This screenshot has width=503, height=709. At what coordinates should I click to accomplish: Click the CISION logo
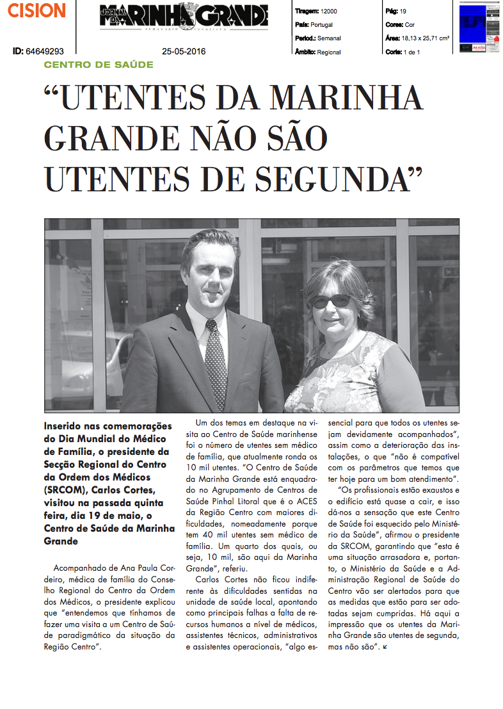point(37,10)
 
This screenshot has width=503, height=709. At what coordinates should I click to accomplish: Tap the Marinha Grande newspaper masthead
point(183,16)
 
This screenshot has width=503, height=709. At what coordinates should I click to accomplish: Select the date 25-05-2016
point(184,51)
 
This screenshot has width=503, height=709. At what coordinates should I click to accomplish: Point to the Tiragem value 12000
point(330,12)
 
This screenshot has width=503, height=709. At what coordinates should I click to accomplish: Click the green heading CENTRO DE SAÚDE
point(99,65)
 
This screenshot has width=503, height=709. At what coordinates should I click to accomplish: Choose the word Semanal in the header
point(330,38)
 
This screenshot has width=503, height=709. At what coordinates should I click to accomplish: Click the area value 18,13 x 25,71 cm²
point(425,38)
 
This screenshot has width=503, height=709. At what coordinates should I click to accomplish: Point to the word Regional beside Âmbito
point(329,52)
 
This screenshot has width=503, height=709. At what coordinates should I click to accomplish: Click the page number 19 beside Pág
point(403,12)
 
